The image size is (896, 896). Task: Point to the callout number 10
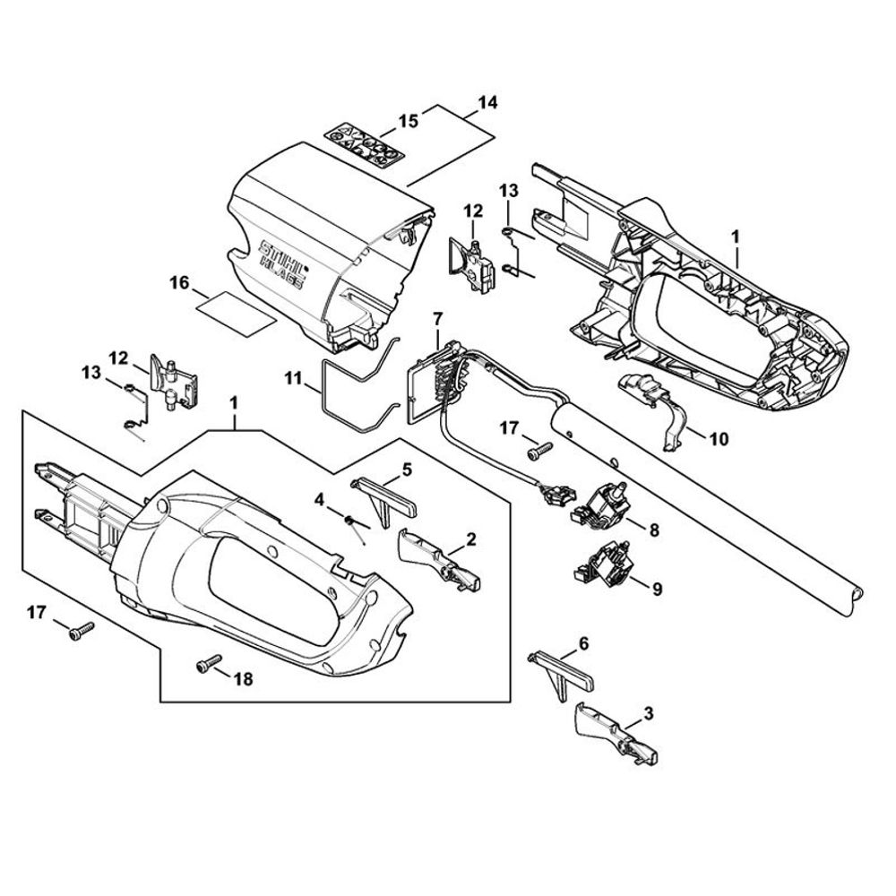coord(718,439)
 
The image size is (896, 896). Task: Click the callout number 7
coord(437,318)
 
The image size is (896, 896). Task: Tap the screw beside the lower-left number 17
coord(79,633)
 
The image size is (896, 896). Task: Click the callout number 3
coord(650,713)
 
